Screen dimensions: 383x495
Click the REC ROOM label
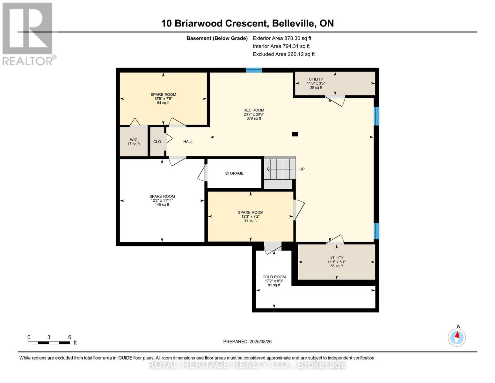(x=254, y=114)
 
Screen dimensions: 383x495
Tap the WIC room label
(x=134, y=142)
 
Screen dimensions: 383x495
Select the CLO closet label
(x=157, y=142)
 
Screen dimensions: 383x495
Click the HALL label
(x=188, y=142)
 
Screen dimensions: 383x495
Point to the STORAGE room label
(x=234, y=173)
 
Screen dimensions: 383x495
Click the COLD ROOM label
(x=274, y=281)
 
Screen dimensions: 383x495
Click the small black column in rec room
(x=295, y=134)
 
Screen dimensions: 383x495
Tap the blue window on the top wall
(x=254, y=70)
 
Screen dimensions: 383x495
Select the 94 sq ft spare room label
(x=163, y=99)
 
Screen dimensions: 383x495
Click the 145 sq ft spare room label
(x=162, y=200)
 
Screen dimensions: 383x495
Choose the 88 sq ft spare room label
(x=251, y=216)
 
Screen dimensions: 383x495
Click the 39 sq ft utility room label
(x=316, y=83)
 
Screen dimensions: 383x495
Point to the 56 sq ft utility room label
(x=336, y=262)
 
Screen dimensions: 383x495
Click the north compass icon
(x=457, y=337)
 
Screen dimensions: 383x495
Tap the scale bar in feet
(x=49, y=343)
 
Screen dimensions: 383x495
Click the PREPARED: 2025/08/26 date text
(x=247, y=342)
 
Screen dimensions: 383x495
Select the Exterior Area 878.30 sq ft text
(x=282, y=38)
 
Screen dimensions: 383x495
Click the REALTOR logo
(x=28, y=34)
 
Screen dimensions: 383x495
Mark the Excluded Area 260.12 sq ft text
(x=284, y=54)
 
